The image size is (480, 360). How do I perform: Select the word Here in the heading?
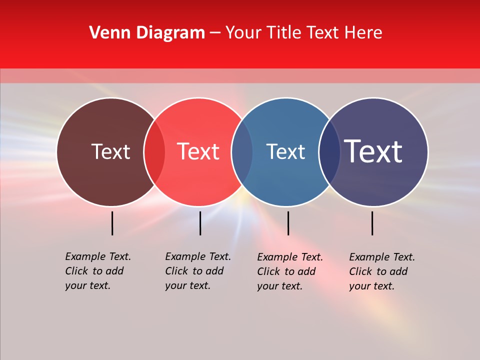pyautogui.click(x=364, y=33)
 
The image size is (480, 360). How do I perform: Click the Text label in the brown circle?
pyautogui.click(x=110, y=151)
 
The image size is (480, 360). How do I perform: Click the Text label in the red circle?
pyautogui.click(x=198, y=151)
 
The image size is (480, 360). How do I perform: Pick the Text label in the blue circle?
pyautogui.click(x=285, y=151)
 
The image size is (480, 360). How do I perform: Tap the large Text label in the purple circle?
pyautogui.click(x=373, y=151)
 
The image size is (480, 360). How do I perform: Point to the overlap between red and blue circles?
pyautogui.click(x=241, y=152)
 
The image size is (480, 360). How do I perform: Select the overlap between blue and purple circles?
pyautogui.click(x=329, y=152)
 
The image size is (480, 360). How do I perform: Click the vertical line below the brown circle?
pyautogui.click(x=112, y=223)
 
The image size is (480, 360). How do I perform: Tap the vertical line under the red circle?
pyautogui.click(x=200, y=223)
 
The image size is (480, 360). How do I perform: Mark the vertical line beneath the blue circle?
pyautogui.click(x=288, y=223)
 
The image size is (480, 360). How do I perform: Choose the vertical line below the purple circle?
pyautogui.click(x=372, y=223)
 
